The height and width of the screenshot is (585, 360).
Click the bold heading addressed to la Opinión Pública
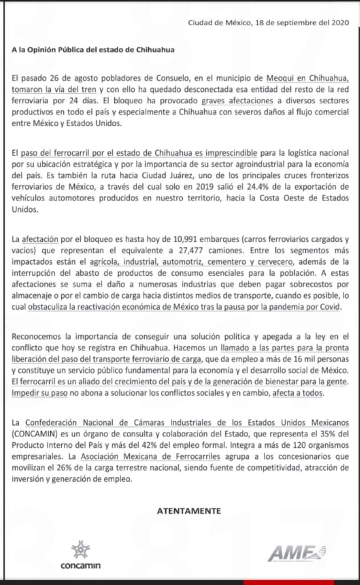(x=93, y=50)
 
